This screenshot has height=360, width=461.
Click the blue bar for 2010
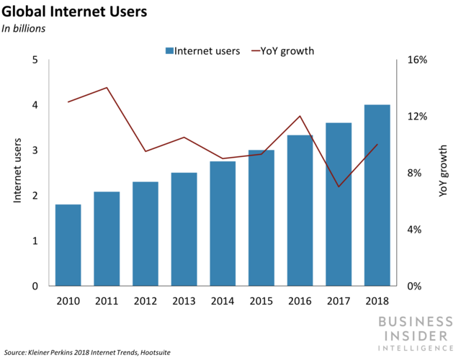68,245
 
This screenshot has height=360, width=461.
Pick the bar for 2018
377,195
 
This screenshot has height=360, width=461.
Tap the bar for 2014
223,223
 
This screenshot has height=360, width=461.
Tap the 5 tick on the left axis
35,60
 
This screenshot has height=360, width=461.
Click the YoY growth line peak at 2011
107,88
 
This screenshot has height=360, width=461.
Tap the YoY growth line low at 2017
339,186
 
